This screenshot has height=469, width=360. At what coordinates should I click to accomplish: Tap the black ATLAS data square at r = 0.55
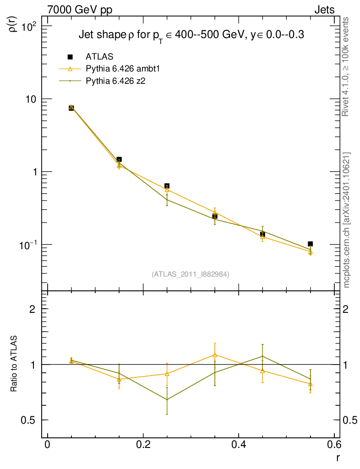tap(310, 244)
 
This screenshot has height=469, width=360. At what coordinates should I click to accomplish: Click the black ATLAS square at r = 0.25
tap(167, 186)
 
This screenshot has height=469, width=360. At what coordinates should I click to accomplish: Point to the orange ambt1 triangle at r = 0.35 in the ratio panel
tap(214, 354)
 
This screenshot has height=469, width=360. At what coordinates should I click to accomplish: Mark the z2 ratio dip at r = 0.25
tap(167, 399)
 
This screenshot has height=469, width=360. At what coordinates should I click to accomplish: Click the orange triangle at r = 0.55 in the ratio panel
tap(310, 384)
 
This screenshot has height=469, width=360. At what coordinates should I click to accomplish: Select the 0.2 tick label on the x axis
tap(143, 445)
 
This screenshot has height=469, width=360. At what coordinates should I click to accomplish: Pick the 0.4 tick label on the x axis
tap(238, 445)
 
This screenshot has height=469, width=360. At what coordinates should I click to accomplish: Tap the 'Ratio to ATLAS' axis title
tap(14, 364)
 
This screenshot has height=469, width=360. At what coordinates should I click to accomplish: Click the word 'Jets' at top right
tap(324, 10)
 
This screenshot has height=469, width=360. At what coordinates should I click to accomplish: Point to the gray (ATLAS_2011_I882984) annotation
tap(191, 274)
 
